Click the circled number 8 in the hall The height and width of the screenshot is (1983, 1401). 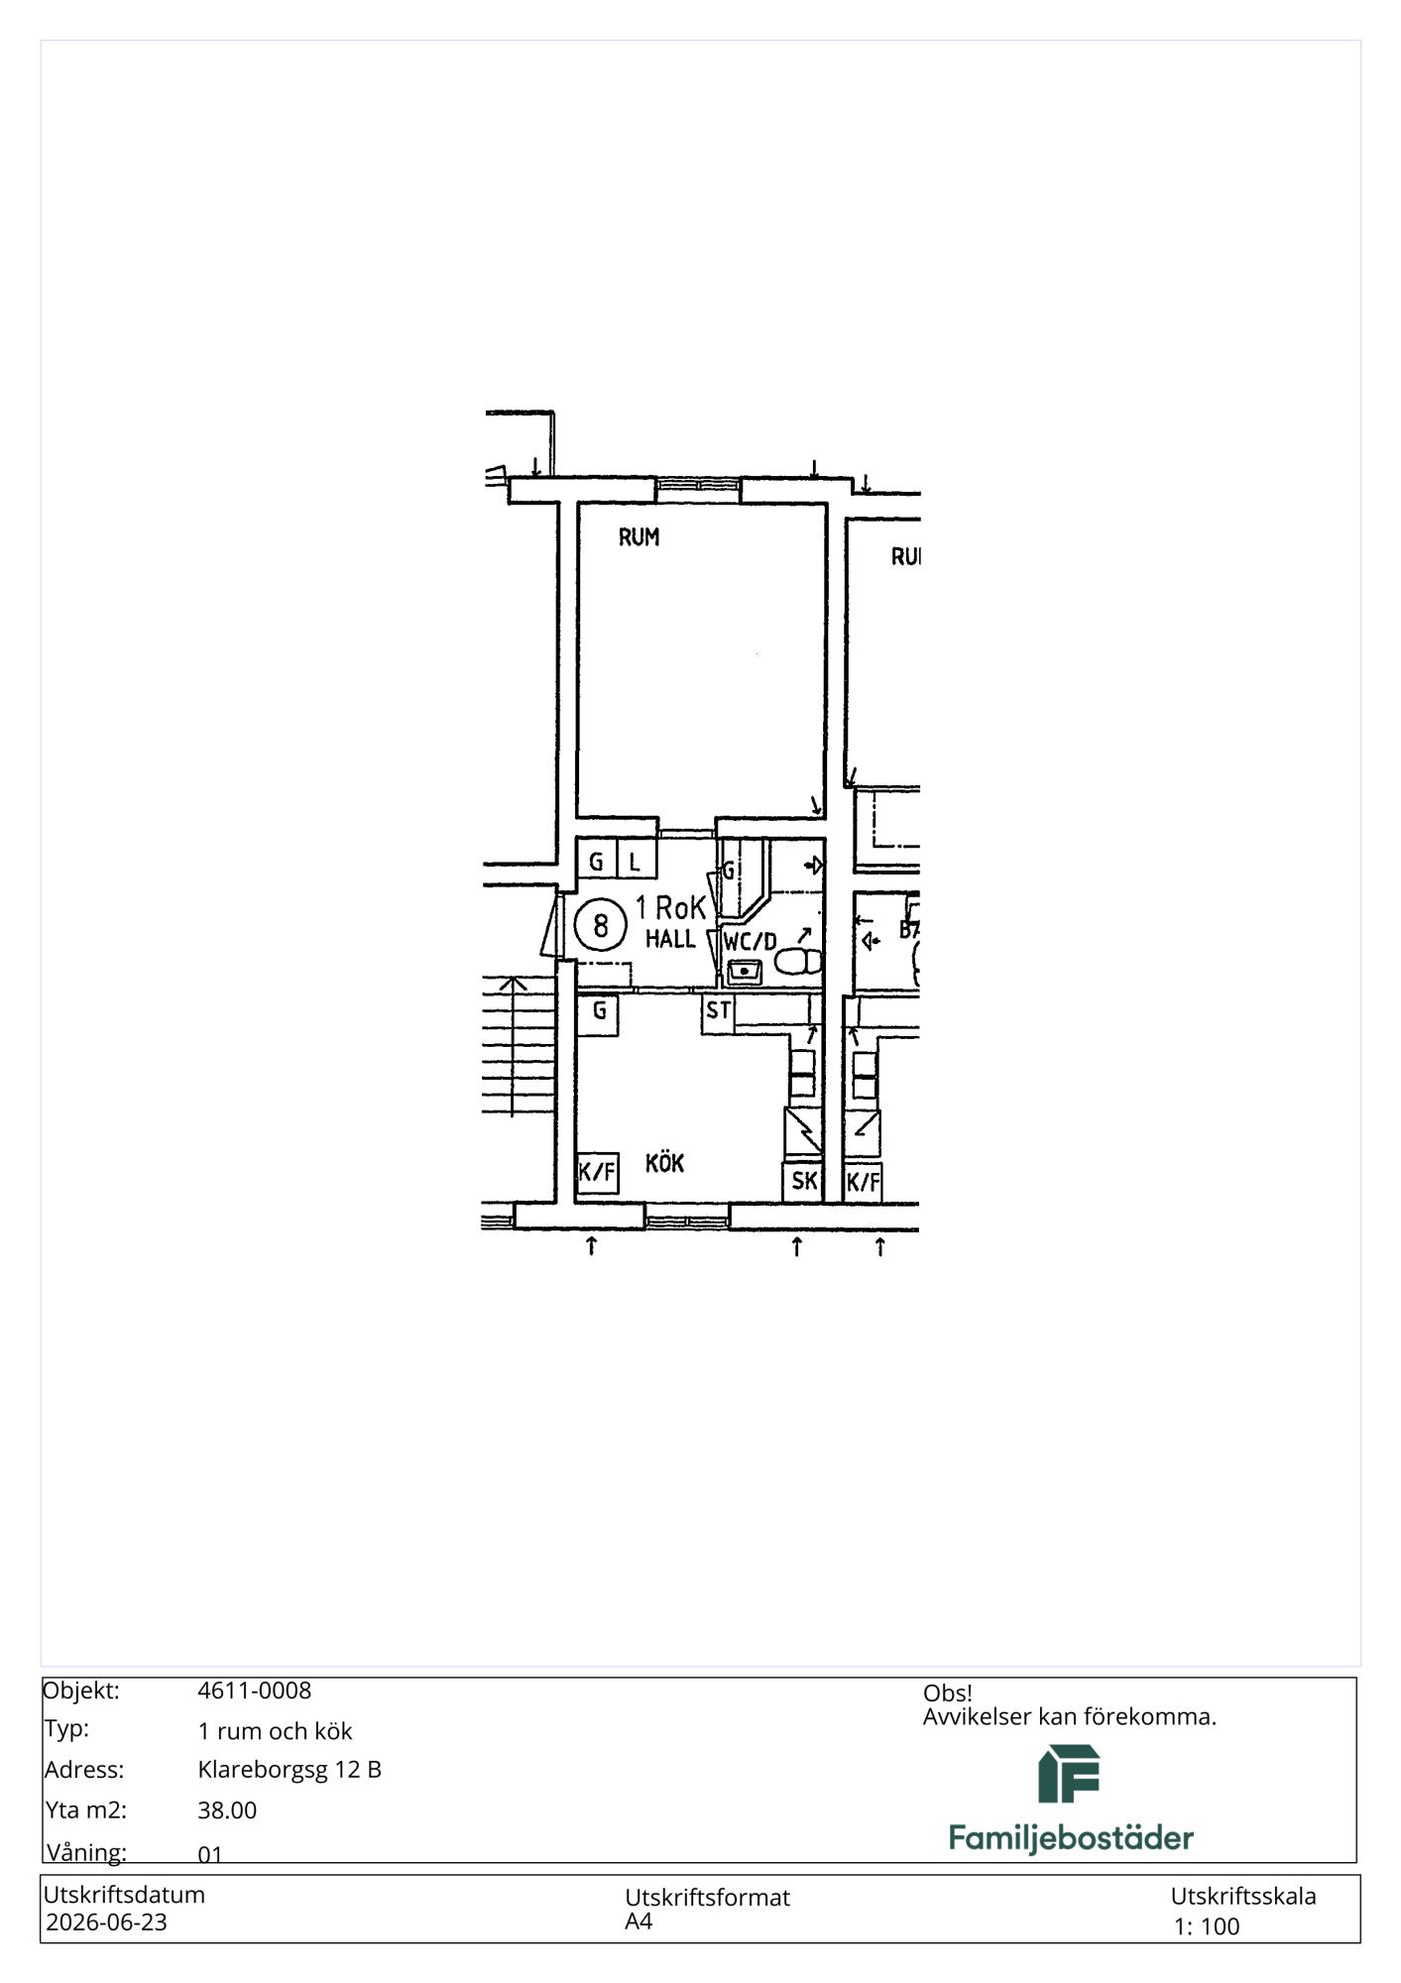[x=600, y=925]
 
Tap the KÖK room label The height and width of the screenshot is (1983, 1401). [x=664, y=1163]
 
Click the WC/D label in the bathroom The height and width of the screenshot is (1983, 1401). [x=750, y=941]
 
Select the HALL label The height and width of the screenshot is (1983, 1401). [x=670, y=938]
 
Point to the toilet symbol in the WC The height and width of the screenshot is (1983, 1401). [x=798, y=961]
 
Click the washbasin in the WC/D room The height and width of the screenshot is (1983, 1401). [x=744, y=971]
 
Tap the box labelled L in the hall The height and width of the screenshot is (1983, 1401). [x=636, y=860]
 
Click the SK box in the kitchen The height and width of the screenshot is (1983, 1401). [x=803, y=1181]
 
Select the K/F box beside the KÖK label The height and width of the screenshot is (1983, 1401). [x=597, y=1173]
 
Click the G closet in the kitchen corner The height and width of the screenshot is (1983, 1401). [x=598, y=1013]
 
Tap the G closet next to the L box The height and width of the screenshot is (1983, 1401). [x=597, y=860]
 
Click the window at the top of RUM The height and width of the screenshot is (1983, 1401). [x=698, y=484]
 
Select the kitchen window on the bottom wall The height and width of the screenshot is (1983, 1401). [x=687, y=1216]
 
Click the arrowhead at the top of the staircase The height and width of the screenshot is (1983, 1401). [x=513, y=984]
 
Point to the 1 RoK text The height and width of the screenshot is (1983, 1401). [x=671, y=907]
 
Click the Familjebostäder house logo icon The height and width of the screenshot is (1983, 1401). [x=1069, y=1774]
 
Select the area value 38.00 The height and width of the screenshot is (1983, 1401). [x=227, y=1810]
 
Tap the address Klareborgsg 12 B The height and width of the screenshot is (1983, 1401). [x=290, y=1770]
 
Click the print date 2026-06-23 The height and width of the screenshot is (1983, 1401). [x=106, y=1923]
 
